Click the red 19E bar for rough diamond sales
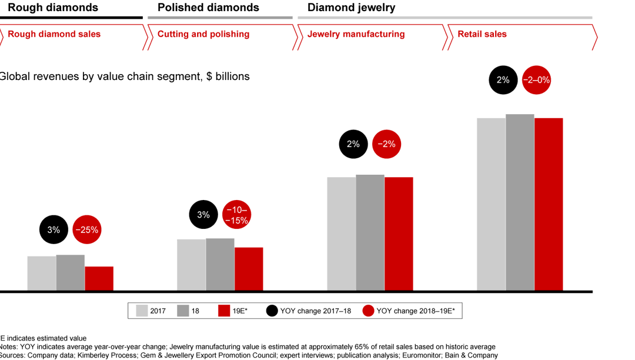[x=99, y=278]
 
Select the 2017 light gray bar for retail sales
[x=491, y=204]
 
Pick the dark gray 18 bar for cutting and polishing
[x=220, y=264]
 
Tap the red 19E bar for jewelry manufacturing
[x=399, y=234]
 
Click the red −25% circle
[x=87, y=230]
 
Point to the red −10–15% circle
[x=237, y=215]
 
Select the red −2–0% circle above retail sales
[x=536, y=80]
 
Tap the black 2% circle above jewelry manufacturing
[x=353, y=144]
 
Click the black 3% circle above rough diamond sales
[x=54, y=230]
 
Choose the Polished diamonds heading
[x=208, y=8]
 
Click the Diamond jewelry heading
[x=351, y=8]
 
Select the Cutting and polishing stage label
[x=203, y=34]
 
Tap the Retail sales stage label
[x=482, y=34]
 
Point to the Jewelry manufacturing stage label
[x=356, y=34]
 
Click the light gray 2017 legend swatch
[x=141, y=311]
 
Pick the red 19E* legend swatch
[x=223, y=311]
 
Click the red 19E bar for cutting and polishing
[x=249, y=269]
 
